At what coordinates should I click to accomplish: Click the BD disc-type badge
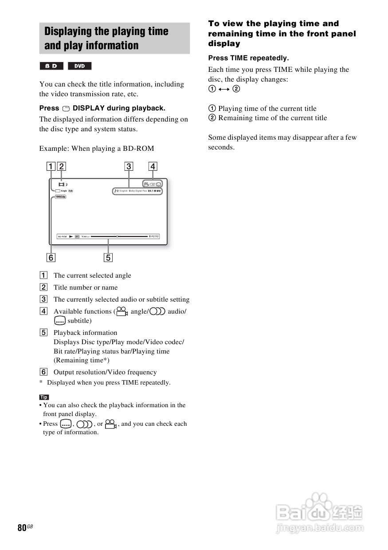coord(51,66)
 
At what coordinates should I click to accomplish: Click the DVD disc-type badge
coord(79,66)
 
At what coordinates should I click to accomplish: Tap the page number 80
coord(22,528)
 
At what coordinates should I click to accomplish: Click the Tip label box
coord(44,397)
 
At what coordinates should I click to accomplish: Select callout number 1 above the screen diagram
coord(51,166)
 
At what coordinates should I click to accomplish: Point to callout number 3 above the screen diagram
coord(129,166)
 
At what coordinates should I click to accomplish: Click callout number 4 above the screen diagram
coord(153,166)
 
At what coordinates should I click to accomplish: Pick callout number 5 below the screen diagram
coord(108,257)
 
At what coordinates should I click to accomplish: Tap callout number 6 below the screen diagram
coord(51,257)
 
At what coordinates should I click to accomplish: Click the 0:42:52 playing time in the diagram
coord(153,236)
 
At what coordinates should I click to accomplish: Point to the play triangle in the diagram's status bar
coord(71,236)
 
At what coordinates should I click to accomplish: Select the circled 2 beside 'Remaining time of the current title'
coord(212,118)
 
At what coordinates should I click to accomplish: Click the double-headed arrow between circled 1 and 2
coord(224,89)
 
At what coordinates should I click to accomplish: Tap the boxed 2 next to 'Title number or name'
coord(44,287)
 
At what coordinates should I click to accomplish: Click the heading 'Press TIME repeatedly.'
coord(248,58)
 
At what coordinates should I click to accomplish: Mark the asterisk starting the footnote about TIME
coord(41,382)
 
